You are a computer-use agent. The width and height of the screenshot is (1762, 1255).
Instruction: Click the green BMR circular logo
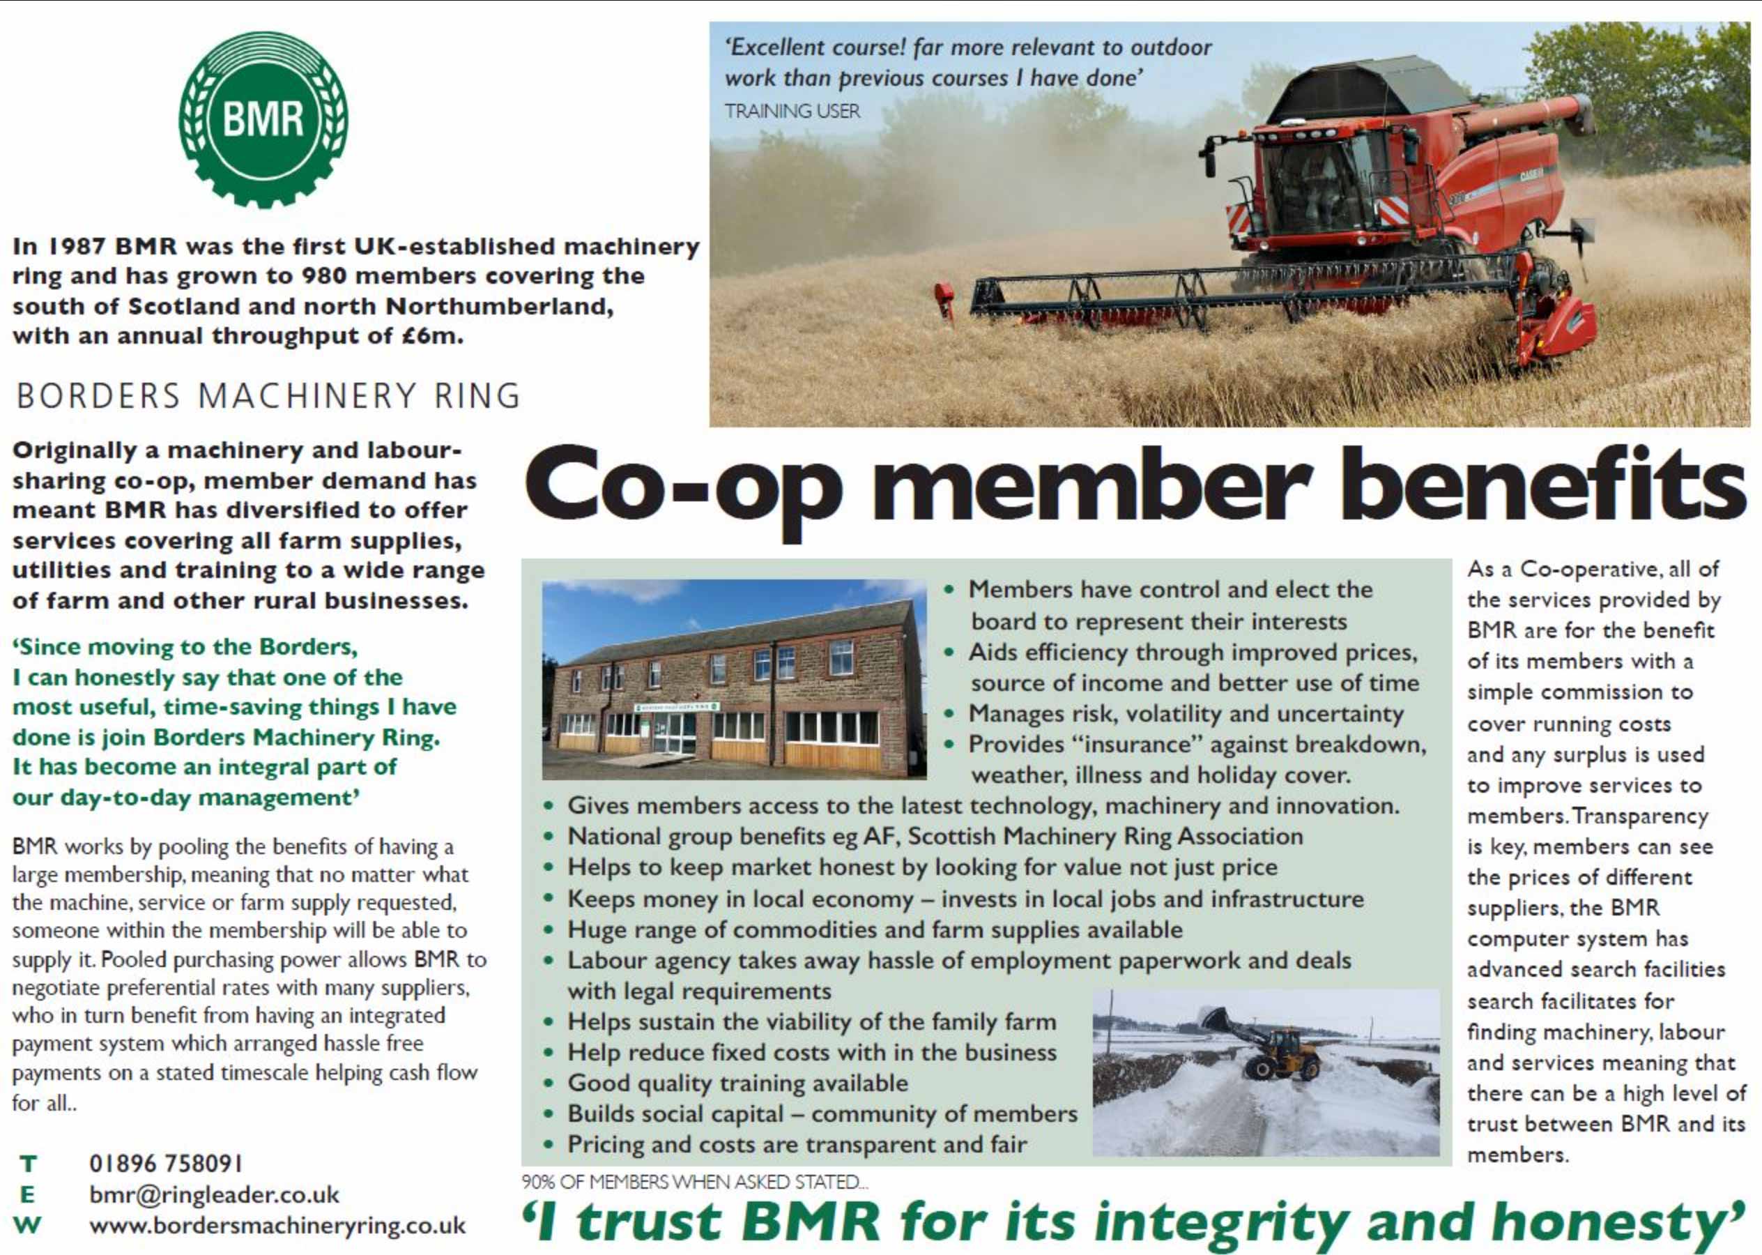click(263, 120)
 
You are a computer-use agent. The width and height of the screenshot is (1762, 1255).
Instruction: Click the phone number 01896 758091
click(166, 1162)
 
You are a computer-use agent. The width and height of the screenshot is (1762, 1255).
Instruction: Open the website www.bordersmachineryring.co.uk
click(277, 1226)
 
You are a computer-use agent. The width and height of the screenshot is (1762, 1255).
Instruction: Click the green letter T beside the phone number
click(29, 1163)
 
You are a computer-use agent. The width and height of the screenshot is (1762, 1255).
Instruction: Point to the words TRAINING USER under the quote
click(792, 112)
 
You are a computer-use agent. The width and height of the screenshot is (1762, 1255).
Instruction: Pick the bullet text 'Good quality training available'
click(737, 1083)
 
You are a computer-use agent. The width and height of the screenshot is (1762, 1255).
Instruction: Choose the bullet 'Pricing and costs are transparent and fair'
click(797, 1145)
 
